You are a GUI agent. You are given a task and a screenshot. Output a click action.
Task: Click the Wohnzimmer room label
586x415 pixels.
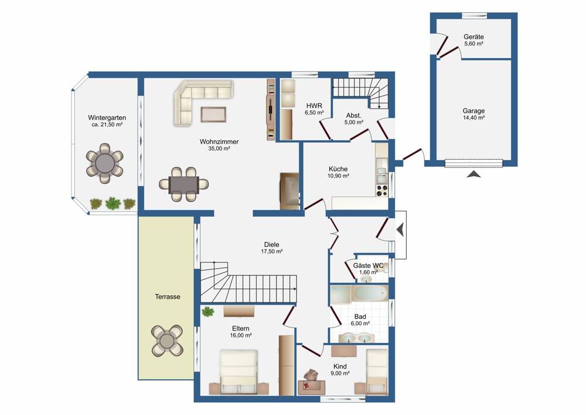point(219,142)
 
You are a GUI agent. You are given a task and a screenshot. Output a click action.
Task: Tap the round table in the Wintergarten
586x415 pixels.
point(105,163)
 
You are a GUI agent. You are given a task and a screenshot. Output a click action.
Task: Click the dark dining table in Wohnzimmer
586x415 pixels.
point(183,185)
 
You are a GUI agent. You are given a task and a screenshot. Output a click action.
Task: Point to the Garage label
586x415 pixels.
point(473,111)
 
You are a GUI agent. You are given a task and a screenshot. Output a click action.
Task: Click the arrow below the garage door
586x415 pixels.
point(473,174)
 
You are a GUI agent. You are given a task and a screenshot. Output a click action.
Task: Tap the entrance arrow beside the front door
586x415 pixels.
point(400,230)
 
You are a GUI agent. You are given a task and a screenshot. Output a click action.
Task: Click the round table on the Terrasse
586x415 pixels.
point(167,341)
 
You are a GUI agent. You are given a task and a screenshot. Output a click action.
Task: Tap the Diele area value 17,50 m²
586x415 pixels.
point(272,251)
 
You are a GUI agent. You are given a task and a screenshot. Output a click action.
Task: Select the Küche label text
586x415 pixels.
point(338,169)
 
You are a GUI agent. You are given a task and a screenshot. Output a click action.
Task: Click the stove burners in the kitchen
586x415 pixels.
point(382,191)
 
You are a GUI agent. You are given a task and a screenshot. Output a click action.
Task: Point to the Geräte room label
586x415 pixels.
point(473,36)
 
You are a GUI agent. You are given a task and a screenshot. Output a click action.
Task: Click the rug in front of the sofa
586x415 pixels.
point(213,114)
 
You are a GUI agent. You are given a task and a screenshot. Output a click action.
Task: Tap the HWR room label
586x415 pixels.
point(314,106)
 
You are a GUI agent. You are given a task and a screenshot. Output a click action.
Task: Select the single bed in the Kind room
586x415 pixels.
point(377,372)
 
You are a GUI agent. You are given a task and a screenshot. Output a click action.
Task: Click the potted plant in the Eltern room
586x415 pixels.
point(208,311)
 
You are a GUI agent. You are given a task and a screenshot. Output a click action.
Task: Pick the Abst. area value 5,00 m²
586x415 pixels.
point(353,122)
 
